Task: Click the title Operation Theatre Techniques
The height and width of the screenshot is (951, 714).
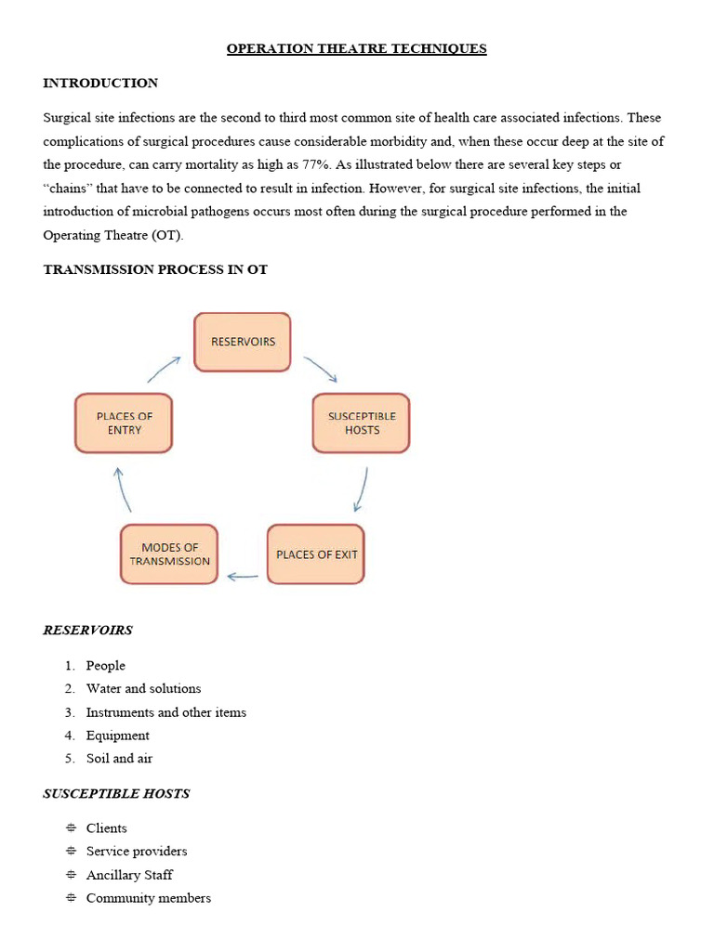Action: (x=357, y=48)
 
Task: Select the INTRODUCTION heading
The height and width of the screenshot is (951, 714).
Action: (x=100, y=83)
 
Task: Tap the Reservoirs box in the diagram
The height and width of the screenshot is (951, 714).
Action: (x=243, y=342)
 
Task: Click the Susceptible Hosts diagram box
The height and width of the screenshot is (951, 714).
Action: (x=362, y=423)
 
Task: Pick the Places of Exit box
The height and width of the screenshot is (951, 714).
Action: (x=316, y=554)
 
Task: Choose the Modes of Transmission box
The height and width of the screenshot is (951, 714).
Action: (x=169, y=554)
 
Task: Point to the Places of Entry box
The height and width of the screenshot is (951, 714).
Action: (x=124, y=423)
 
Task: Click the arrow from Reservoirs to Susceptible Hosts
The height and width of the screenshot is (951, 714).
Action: (x=321, y=370)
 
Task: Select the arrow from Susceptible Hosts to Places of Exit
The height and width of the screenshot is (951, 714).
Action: (x=361, y=489)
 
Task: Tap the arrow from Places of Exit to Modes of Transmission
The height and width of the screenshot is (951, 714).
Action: (x=243, y=577)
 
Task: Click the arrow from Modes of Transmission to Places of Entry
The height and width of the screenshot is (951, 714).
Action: (x=123, y=489)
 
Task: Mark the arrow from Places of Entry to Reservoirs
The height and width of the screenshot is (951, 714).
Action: (x=165, y=369)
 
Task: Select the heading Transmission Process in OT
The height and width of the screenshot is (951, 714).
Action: (x=155, y=269)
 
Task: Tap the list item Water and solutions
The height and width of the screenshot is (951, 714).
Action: (x=143, y=688)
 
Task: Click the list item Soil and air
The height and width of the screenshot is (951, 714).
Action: (x=119, y=758)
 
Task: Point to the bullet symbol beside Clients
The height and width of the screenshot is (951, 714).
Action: (x=71, y=828)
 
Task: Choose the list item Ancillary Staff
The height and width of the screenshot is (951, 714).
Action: (x=129, y=875)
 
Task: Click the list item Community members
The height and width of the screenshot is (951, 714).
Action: (x=148, y=898)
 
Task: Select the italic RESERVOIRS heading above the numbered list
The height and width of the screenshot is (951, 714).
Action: (x=87, y=630)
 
